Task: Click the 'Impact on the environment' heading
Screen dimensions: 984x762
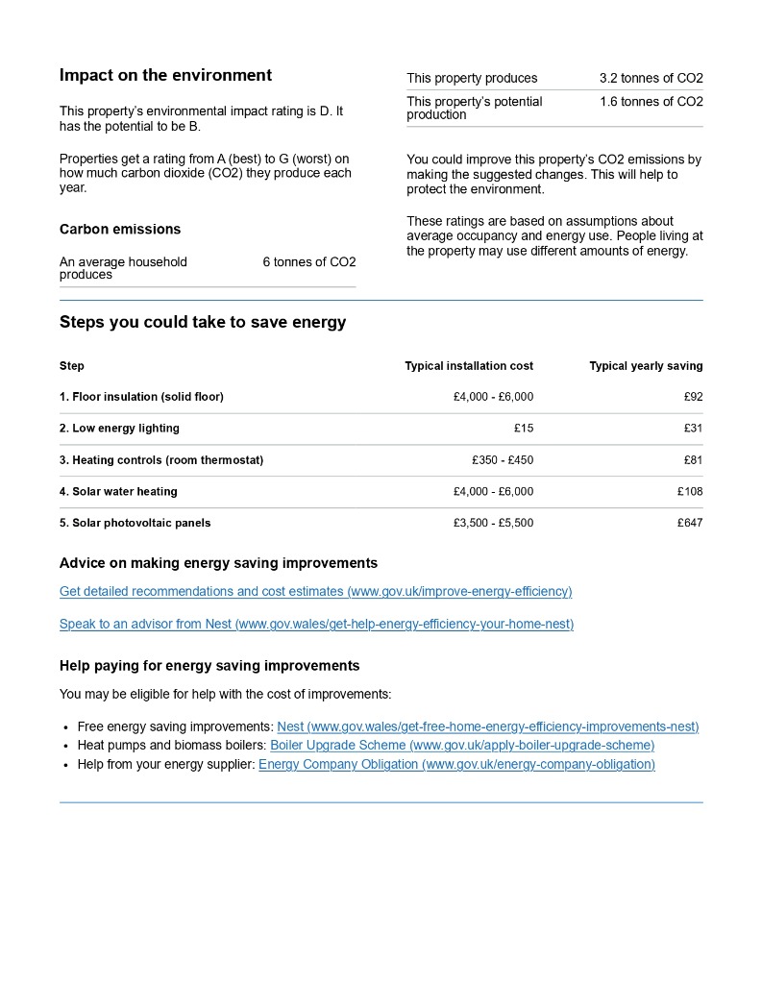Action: click(165, 76)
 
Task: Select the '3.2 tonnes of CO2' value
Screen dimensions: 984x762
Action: click(651, 79)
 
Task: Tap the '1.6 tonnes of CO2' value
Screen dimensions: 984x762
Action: click(651, 102)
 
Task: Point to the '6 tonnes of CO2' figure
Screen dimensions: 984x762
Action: click(308, 262)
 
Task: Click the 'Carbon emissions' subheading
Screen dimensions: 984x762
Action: click(120, 230)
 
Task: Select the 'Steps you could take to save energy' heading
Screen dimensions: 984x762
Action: click(203, 323)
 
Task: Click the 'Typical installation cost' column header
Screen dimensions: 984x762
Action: click(469, 366)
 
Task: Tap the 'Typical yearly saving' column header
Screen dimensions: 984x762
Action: click(646, 366)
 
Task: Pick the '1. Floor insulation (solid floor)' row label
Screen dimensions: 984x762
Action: click(141, 397)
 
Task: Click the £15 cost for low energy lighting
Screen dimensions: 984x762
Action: click(524, 429)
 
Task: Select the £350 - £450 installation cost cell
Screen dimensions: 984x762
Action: click(503, 460)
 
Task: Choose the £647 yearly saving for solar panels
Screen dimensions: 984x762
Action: click(690, 524)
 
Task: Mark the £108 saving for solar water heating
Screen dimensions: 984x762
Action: click(690, 492)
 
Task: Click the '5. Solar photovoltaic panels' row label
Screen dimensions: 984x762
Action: click(135, 524)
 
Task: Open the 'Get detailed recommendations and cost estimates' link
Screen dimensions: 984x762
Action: click(315, 592)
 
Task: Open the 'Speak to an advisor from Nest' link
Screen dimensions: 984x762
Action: click(316, 625)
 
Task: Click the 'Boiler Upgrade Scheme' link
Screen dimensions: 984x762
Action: click(462, 746)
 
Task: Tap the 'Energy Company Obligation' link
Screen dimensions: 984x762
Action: click(456, 765)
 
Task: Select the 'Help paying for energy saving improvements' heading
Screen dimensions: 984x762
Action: click(209, 666)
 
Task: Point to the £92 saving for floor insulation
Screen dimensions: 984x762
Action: click(693, 397)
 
